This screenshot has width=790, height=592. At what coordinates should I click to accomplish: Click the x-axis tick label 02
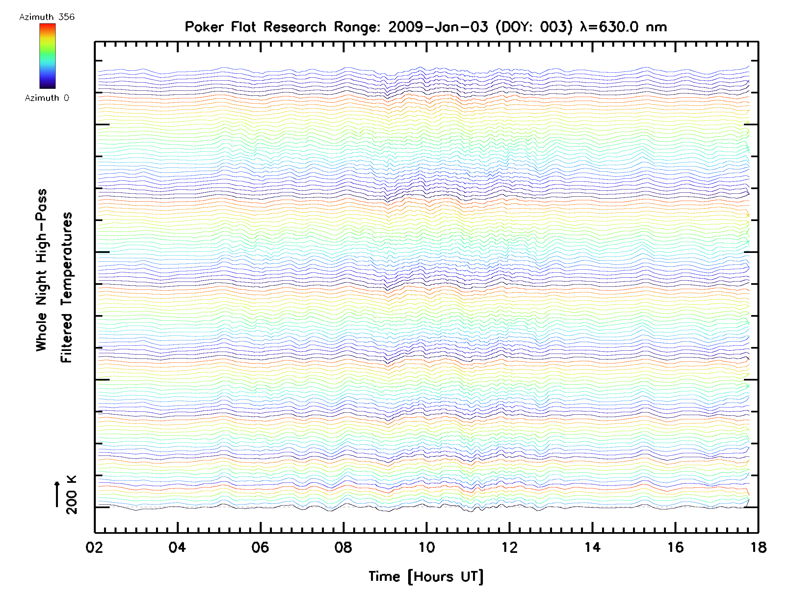tap(94, 547)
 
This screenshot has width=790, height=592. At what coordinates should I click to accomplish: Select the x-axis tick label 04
tap(177, 547)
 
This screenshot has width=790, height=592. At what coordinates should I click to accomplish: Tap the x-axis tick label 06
tap(260, 547)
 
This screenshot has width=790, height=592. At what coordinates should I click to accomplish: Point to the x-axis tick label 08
tap(343, 547)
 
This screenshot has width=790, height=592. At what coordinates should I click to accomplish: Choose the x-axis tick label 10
tap(426, 547)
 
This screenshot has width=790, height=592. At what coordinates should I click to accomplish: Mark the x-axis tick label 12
tap(509, 547)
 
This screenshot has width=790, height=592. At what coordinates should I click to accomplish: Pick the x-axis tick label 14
tap(592, 547)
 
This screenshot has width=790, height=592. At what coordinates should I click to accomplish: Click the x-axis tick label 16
tap(675, 547)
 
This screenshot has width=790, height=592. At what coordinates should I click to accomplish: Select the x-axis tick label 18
tap(758, 547)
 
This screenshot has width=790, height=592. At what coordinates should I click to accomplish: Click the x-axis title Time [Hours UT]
tap(426, 577)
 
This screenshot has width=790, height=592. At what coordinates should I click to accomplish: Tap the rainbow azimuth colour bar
tap(47, 56)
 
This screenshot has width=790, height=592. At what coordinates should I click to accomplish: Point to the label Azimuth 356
tap(47, 17)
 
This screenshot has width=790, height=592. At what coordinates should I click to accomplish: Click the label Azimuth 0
tap(47, 98)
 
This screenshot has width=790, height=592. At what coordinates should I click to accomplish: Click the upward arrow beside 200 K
tap(57, 494)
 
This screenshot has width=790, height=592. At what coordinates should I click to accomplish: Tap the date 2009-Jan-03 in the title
tap(438, 27)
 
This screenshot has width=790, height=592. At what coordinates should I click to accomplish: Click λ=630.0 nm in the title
tap(623, 27)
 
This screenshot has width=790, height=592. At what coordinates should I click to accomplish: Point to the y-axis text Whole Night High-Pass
tap(41, 270)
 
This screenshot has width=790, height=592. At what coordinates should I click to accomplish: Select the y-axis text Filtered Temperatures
tap(66, 288)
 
